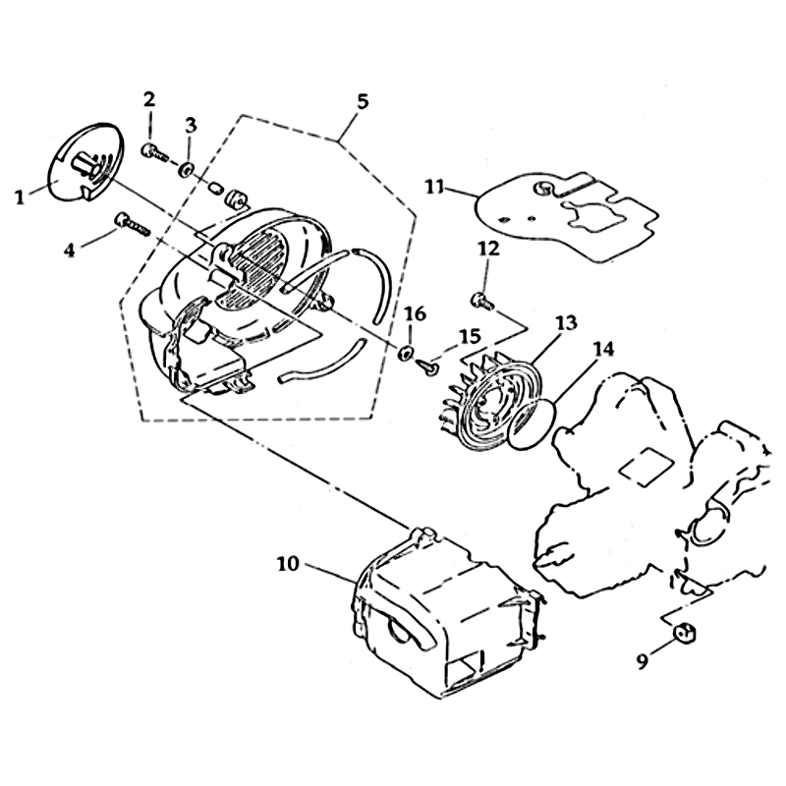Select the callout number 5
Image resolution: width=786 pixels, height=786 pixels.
click(363, 101)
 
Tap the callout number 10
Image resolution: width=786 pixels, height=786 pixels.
click(288, 564)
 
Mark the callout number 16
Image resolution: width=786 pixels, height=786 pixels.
click(415, 313)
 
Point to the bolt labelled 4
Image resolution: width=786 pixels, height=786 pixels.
click(131, 224)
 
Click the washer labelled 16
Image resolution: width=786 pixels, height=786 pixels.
click(405, 351)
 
